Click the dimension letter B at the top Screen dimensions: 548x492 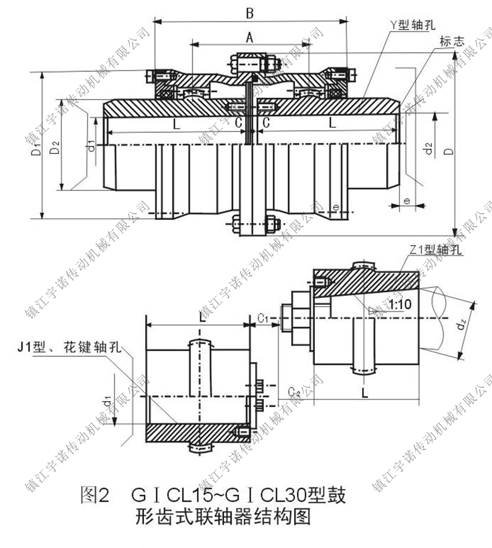pos(249,12)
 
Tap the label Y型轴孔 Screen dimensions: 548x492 pos(413,24)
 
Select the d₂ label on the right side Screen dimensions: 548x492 pos(427,149)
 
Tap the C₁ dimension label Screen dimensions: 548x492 pos(263,318)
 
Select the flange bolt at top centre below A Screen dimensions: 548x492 pos(255,62)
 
